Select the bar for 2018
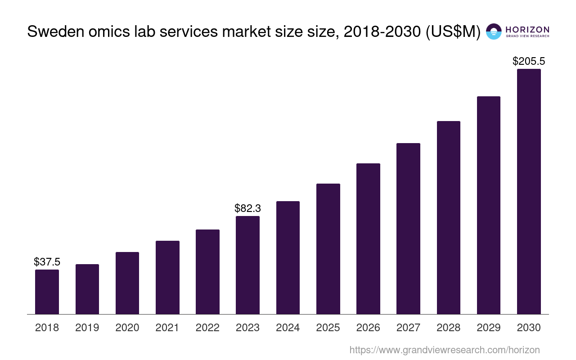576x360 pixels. [x=47, y=292]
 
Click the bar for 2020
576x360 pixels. [x=127, y=283]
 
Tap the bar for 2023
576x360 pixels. [x=247, y=265]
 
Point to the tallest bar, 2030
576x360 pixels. [x=529, y=191]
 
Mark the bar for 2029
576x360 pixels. [x=489, y=205]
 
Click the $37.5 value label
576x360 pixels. [x=47, y=262]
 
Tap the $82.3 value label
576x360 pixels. [x=247, y=208]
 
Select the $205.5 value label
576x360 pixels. [x=529, y=61]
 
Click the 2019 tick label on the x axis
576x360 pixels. [x=87, y=328]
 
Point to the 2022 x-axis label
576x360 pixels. [x=207, y=328]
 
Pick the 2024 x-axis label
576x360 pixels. [x=288, y=328]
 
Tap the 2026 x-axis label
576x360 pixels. [x=368, y=328]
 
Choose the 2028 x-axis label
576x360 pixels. [x=449, y=328]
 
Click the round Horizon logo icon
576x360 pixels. [x=494, y=31]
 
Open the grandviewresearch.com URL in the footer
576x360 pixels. [x=444, y=350]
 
